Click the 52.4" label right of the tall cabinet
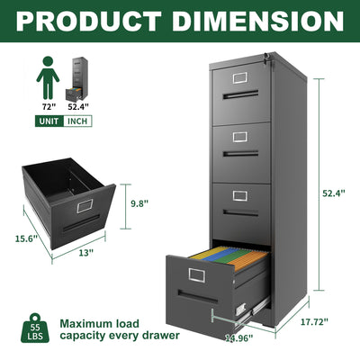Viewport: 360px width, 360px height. pos(335,192)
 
